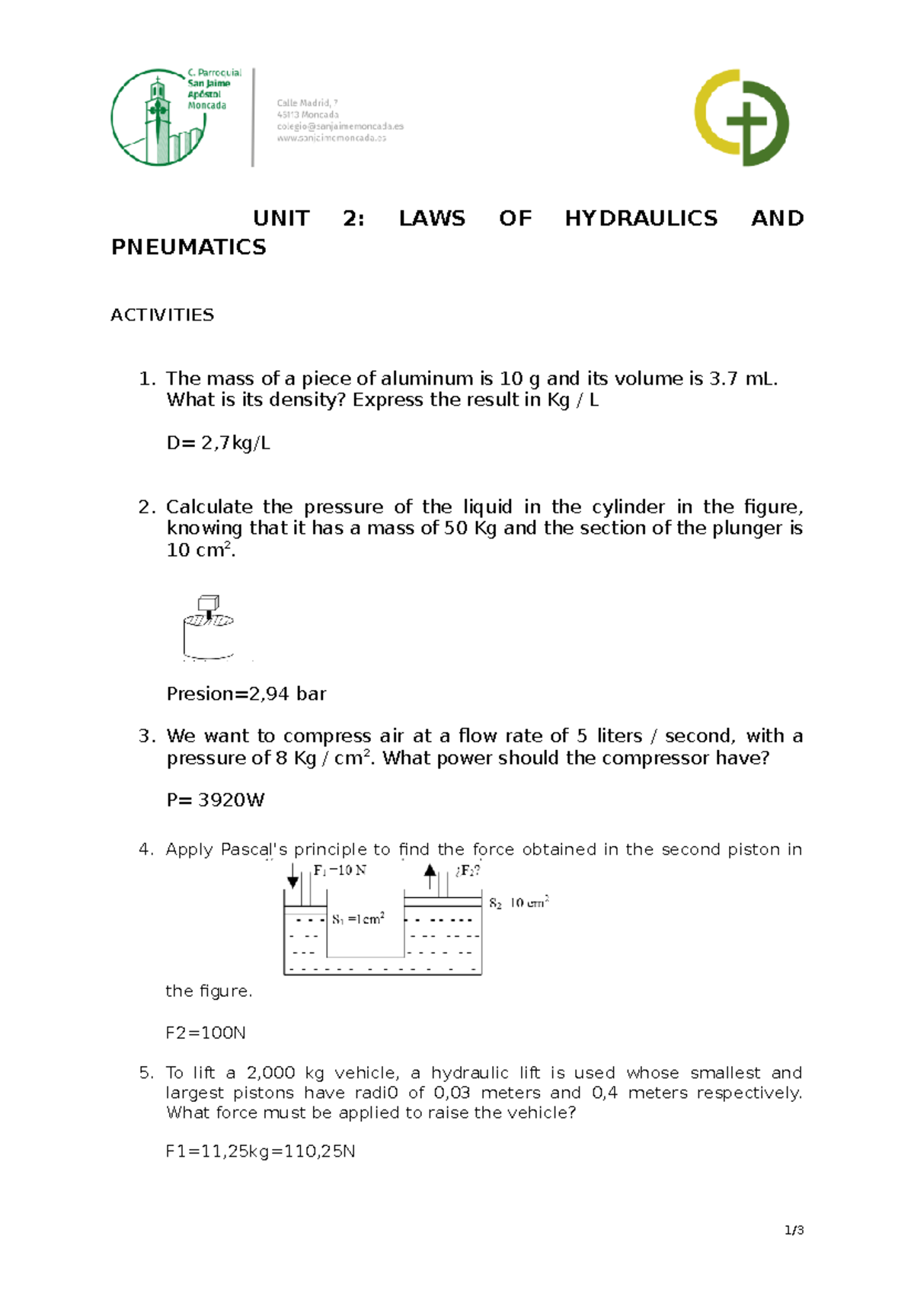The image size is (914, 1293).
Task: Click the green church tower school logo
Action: tap(158, 118)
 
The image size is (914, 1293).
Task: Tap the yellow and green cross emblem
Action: tap(741, 118)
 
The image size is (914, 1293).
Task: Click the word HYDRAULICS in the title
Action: tap(641, 219)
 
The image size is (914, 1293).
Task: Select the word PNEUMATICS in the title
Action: tap(188, 247)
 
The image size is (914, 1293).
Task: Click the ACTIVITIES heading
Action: tap(162, 315)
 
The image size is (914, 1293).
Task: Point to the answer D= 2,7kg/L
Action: tap(218, 443)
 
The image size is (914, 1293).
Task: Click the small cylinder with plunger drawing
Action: tap(207, 629)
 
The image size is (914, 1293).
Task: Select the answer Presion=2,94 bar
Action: tap(246, 694)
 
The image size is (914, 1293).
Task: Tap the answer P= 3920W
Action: tap(216, 800)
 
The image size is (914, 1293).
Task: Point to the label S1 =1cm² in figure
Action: tap(358, 919)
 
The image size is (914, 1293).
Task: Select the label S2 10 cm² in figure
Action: tap(519, 902)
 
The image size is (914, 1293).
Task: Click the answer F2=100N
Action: tap(206, 1033)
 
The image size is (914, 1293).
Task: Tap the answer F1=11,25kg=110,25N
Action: tap(260, 1151)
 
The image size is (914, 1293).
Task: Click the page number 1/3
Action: tap(794, 1231)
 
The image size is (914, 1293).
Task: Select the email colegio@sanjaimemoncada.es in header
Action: tap(340, 126)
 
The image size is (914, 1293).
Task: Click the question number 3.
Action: tap(146, 736)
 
